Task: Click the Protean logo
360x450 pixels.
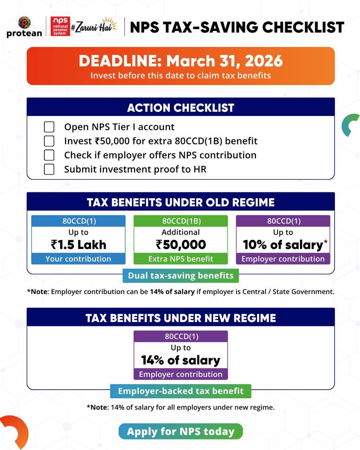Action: [x=24, y=27]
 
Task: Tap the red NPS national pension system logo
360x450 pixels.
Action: [x=60, y=26]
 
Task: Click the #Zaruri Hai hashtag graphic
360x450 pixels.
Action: [x=94, y=26]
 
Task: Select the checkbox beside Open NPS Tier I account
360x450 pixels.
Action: [x=49, y=127]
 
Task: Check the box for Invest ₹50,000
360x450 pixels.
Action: [x=49, y=141]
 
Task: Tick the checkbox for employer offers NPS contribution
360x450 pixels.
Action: [x=49, y=155]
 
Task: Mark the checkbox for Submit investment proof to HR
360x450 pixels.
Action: [x=49, y=169]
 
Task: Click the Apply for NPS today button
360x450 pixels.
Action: [x=180, y=431]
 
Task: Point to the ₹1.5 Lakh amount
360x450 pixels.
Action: [x=78, y=245]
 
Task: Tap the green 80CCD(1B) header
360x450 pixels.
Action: [x=181, y=221]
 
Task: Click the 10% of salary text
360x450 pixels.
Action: [x=283, y=245]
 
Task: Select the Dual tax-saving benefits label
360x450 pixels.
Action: [x=180, y=276]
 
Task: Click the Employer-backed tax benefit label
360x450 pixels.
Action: [x=180, y=391]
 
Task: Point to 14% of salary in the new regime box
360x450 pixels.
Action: [x=180, y=360]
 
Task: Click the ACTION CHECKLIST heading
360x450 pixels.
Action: [x=180, y=108]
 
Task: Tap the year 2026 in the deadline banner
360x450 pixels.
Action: [x=264, y=61]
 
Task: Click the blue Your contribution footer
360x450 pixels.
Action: [x=78, y=259]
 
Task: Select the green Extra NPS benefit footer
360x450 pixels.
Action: [x=181, y=259]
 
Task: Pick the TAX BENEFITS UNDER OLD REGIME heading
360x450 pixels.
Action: [x=180, y=202]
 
